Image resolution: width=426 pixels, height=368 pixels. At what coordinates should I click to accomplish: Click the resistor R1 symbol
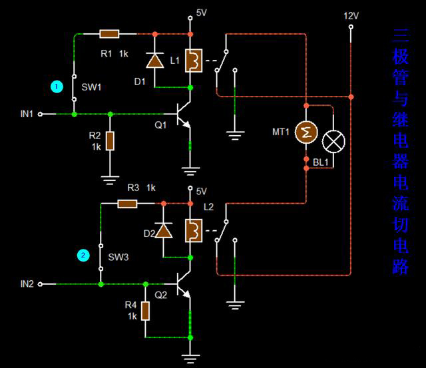click(109, 33)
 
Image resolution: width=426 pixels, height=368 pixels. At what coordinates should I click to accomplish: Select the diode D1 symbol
click(154, 61)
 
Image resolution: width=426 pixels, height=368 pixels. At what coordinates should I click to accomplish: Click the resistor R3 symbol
click(128, 203)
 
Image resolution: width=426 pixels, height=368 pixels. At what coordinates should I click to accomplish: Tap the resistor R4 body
click(144, 311)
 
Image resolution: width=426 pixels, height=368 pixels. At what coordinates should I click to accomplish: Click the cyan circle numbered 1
click(57, 87)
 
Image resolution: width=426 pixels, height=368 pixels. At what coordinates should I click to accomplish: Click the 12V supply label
click(351, 15)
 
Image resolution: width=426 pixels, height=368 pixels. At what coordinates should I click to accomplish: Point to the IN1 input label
click(27, 114)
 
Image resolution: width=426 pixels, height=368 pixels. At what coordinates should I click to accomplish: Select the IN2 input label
click(27, 284)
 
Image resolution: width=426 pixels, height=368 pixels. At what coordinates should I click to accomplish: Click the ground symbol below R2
click(110, 178)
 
